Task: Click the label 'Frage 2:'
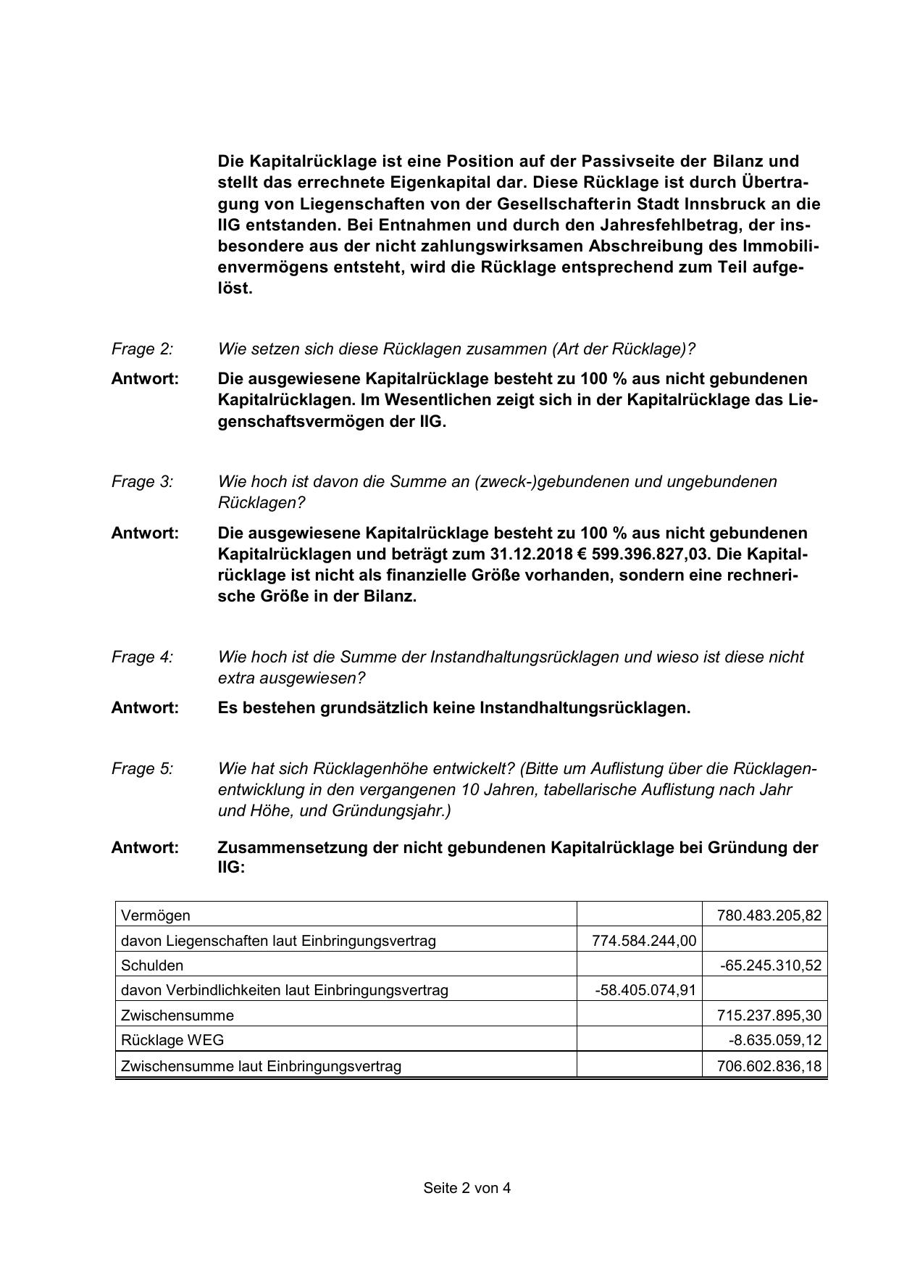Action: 142,349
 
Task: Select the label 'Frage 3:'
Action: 142,482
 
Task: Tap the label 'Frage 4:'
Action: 142,657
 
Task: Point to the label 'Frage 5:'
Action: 142,769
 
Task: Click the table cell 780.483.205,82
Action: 769,915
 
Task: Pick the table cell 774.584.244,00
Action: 644,941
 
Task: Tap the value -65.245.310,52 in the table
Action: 771,965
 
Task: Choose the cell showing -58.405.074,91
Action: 645,990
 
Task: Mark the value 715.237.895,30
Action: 769,1015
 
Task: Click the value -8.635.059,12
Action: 775,1040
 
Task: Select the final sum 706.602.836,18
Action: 769,1066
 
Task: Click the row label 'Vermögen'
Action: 156,915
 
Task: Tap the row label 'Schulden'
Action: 152,965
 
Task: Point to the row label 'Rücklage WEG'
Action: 172,1040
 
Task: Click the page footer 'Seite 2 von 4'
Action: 467,1188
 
